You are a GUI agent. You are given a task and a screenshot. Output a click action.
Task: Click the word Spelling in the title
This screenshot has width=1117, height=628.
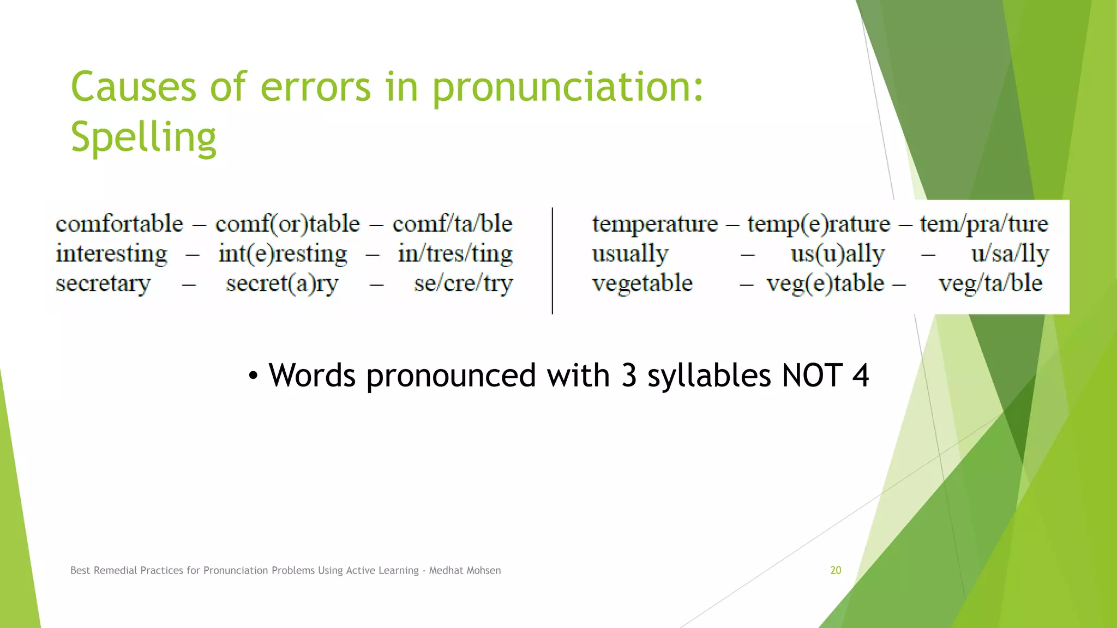point(143,137)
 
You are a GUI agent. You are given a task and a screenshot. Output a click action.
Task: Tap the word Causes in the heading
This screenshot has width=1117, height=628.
point(133,87)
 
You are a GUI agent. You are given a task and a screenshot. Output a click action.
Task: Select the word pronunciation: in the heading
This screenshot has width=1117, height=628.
point(568,87)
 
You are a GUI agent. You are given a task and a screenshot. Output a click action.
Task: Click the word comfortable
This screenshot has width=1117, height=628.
point(119,224)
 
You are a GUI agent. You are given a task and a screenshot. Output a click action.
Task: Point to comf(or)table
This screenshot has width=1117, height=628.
point(287,224)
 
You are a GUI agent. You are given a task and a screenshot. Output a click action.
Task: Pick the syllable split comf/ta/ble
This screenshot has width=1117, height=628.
point(452,224)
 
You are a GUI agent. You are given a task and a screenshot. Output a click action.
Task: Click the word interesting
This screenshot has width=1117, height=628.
point(112,254)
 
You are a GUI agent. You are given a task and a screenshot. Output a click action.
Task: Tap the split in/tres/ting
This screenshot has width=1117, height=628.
point(455,254)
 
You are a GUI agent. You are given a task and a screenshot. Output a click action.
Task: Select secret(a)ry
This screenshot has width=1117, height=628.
point(282,283)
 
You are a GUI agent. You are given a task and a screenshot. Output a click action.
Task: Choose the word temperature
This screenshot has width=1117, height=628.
point(654,224)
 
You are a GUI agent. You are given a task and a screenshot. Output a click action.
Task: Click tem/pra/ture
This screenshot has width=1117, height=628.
point(984,224)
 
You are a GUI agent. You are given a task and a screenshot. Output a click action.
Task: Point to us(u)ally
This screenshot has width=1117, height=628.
point(838,254)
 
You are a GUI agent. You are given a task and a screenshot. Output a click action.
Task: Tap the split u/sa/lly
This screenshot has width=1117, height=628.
point(1010,254)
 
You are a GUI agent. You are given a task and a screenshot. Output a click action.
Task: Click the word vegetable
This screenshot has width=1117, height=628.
point(642,283)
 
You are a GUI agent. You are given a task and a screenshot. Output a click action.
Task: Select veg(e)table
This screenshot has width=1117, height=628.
point(825,283)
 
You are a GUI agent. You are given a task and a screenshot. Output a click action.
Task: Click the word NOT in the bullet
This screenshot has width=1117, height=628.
point(812,376)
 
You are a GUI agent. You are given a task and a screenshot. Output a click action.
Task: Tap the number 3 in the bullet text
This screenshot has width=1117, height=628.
point(629,376)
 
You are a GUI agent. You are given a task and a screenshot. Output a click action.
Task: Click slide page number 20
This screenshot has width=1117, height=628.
point(836,570)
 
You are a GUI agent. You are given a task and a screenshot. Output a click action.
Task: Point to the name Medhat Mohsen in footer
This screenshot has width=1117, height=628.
point(465,570)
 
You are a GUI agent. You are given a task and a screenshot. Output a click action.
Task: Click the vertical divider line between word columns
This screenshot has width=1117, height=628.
point(553,261)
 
